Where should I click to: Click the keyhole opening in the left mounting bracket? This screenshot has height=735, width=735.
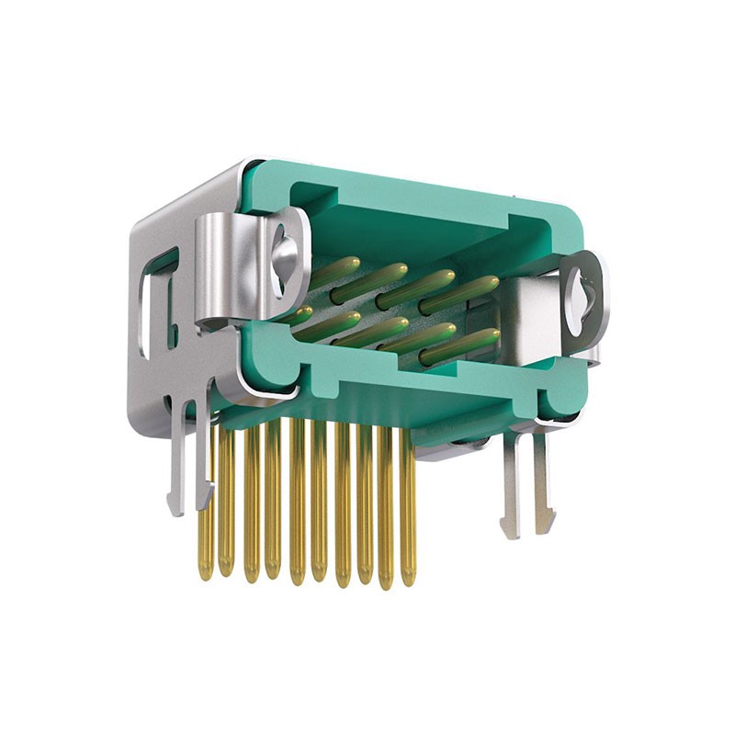tap(283, 247)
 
